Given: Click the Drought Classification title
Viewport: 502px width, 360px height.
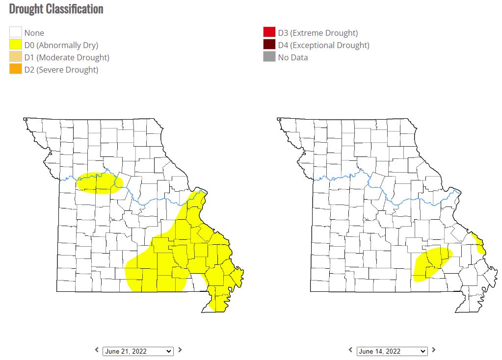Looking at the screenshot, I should (x=56, y=9).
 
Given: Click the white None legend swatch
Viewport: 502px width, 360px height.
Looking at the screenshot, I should (x=16, y=32).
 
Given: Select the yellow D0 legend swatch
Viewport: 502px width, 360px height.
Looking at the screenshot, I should (x=16, y=45).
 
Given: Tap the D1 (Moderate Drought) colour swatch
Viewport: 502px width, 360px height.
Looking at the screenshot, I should (x=16, y=57).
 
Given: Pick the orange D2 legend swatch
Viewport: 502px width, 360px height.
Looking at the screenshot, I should (x=16, y=69).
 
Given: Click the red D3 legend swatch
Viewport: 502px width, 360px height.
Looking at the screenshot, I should (x=269, y=32).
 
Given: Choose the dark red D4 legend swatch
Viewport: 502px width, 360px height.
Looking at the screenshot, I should (x=269, y=45).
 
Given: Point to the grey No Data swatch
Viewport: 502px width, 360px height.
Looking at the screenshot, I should (x=269, y=57).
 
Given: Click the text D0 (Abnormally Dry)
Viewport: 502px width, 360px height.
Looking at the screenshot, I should (x=61, y=45).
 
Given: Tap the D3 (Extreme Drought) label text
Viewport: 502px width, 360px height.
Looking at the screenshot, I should (x=317, y=33).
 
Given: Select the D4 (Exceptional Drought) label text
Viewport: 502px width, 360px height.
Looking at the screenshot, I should (x=323, y=45).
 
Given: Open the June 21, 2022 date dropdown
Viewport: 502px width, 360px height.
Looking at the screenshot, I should (x=137, y=351).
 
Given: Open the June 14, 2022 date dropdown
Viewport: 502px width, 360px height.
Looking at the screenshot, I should (x=392, y=351).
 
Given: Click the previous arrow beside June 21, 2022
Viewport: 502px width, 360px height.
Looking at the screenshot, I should (x=97, y=350).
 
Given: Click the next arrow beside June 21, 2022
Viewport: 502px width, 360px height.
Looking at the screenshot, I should (x=180, y=350).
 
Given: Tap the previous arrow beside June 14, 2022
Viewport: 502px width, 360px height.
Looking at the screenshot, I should (x=351, y=350).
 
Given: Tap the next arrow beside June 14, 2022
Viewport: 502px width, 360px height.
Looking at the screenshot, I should (x=434, y=350).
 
